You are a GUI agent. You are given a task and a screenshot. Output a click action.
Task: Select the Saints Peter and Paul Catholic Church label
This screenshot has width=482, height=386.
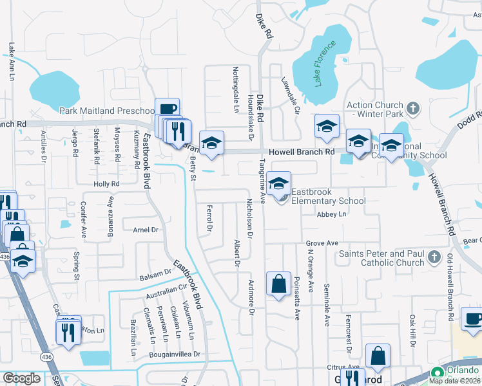pos(381,258)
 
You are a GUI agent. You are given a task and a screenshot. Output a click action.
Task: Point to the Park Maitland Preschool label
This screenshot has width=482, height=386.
pos(106,111)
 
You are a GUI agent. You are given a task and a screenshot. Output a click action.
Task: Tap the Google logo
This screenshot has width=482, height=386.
pos(21,378)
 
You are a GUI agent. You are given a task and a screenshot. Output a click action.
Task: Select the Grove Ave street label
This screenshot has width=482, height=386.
pos(322,243)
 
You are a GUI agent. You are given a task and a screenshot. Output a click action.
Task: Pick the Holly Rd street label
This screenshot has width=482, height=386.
pos(106,184)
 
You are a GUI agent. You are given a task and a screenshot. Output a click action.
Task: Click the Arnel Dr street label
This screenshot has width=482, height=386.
pos(145,230)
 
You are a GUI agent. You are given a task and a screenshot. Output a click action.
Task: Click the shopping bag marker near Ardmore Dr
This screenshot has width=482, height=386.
pos(278,283)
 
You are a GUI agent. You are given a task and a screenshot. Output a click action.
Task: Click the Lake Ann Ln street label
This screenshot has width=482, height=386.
pos(12,61)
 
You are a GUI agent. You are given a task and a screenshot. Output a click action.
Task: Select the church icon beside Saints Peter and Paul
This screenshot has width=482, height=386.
pos(434,258)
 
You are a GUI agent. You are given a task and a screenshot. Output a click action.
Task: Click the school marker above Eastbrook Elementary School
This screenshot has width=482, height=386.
pos(278,183)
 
